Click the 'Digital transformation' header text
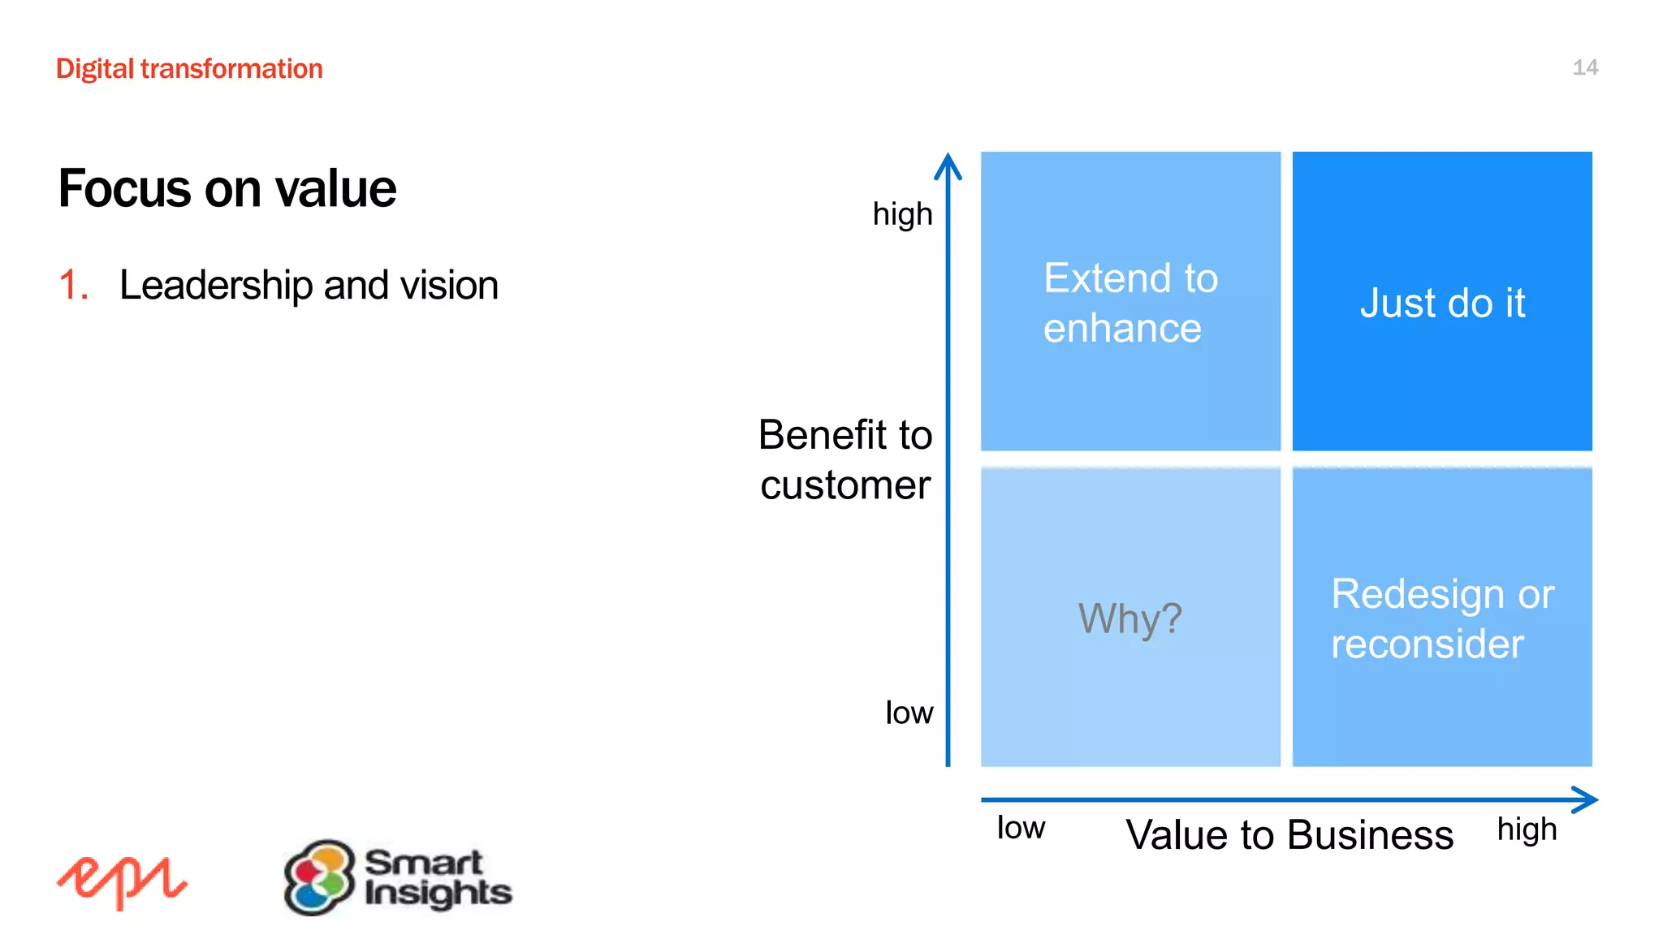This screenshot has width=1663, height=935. click(x=189, y=69)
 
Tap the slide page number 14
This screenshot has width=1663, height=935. click(x=1584, y=67)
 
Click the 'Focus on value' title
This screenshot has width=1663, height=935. click(x=227, y=188)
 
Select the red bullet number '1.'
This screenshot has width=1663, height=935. click(x=73, y=286)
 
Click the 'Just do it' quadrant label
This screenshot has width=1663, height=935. click(x=1442, y=303)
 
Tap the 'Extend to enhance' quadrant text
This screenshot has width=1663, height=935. click(x=1130, y=303)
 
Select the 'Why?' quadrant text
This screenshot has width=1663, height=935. click(x=1130, y=618)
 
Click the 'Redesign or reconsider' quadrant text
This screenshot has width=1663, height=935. click(x=1442, y=618)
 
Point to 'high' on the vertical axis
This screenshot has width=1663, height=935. click(x=902, y=215)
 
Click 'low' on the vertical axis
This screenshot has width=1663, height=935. click(x=909, y=713)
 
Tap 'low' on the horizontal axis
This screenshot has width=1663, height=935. click(x=1021, y=828)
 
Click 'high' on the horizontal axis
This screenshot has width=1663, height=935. click(x=1527, y=829)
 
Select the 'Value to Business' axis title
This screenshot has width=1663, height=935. click(x=1289, y=834)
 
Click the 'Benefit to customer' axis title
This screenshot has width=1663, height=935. click(x=844, y=459)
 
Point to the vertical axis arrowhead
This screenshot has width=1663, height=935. click(x=948, y=166)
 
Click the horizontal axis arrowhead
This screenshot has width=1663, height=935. click(x=1585, y=799)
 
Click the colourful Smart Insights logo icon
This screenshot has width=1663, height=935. click(x=319, y=877)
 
